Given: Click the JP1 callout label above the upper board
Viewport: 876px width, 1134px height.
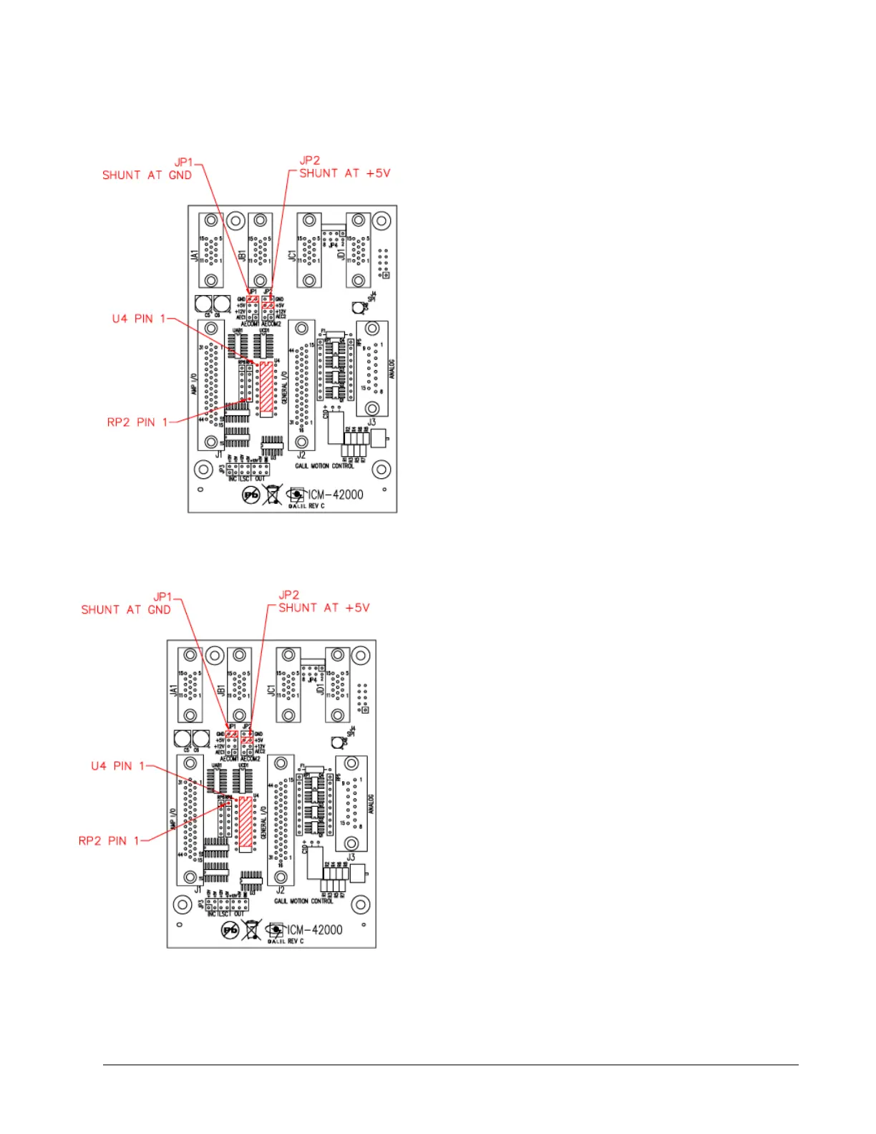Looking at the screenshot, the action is [184, 163].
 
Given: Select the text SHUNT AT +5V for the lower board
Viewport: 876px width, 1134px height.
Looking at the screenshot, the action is [323, 608].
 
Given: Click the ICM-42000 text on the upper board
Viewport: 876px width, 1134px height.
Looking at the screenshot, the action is [336, 495].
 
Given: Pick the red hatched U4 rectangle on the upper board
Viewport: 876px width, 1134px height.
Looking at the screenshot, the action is [266, 387].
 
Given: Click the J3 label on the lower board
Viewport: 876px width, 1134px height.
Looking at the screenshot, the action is [351, 857].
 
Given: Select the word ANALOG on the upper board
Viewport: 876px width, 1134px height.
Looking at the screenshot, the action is [391, 369].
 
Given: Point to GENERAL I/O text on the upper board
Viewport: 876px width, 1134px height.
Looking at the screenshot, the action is [284, 387].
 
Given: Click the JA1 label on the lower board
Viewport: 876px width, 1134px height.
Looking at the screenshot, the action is [172, 690].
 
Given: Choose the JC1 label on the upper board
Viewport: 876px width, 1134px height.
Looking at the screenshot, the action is [292, 256].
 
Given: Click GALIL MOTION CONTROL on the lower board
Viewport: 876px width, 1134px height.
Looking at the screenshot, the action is [303, 901].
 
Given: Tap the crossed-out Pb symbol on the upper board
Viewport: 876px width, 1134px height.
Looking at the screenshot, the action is [251, 495].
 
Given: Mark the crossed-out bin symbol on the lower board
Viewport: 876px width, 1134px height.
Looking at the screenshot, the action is [251, 930].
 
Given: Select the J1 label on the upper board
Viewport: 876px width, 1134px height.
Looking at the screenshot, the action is [219, 454].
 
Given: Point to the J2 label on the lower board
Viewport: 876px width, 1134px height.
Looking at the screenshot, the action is [281, 890].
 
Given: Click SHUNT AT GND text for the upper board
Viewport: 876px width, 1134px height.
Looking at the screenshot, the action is [147, 175].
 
